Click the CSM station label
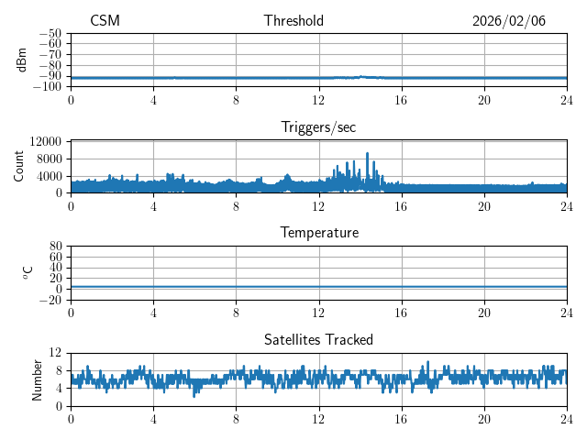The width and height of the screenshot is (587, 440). coord(105,21)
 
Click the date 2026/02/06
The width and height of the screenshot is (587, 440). coord(509,21)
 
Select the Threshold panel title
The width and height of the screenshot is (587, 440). coord(293,21)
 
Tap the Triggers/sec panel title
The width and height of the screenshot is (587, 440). coord(318,127)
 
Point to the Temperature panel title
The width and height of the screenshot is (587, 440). coord(318,233)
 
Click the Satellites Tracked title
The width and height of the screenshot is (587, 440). coord(318,339)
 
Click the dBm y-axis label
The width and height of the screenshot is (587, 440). coord(22,60)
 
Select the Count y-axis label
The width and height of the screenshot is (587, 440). coord(19,166)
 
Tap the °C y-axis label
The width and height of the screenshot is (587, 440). coord(28,272)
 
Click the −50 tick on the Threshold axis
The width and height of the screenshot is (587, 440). coord(50,33)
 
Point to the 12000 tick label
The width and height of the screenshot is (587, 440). coord(45,141)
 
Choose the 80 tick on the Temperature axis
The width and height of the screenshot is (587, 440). coord(56,247)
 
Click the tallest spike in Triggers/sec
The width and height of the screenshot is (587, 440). coord(367,154)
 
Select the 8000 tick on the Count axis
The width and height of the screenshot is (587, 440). coord(48,159)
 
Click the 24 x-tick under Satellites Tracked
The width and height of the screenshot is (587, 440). coord(566,418)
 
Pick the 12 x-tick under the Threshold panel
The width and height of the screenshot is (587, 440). coord(318,99)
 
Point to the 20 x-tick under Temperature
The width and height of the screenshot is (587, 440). coord(483,312)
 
